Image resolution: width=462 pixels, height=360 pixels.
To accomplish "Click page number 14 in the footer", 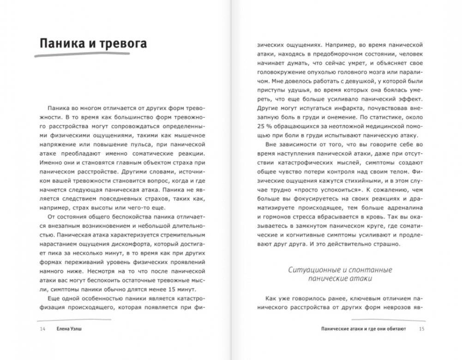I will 42,329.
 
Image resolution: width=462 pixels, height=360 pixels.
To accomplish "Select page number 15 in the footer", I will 421,329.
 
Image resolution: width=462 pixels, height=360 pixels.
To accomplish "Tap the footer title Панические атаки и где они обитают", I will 364,329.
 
